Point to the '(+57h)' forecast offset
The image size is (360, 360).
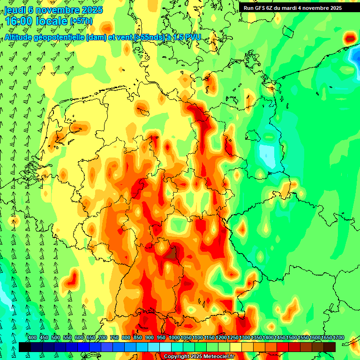point(81,22)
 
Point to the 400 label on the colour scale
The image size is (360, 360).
point(32,338)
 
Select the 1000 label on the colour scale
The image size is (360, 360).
point(174,338)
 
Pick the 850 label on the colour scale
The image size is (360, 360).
point(138,338)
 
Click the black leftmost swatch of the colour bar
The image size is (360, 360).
point(24,347)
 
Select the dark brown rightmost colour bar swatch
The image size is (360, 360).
point(330,347)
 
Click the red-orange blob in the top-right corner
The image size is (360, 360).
point(350,37)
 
